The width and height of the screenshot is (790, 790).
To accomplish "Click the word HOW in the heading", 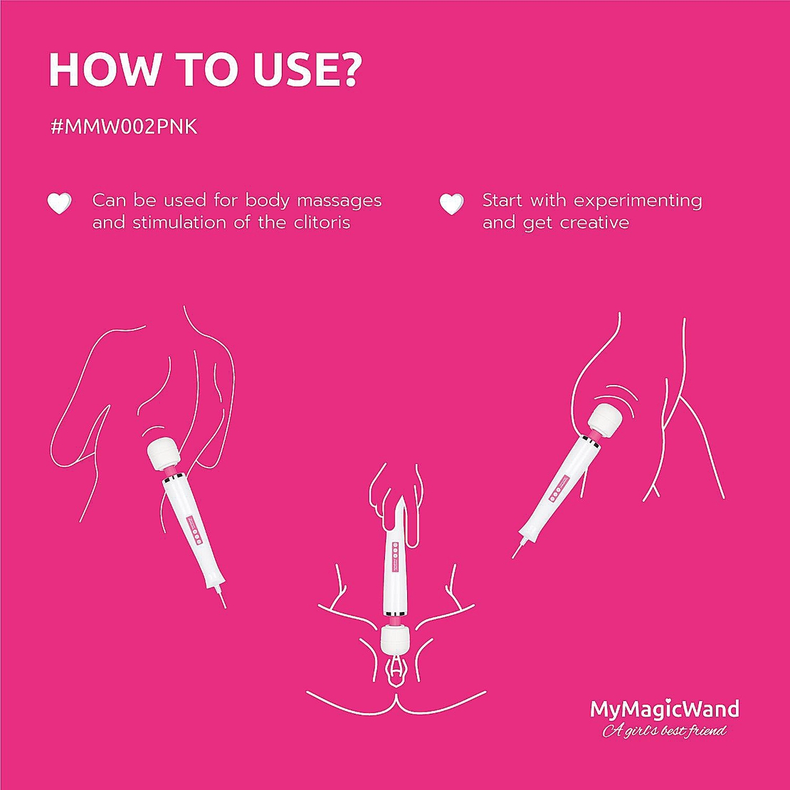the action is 103,69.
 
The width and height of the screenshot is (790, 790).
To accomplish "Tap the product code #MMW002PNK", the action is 124,127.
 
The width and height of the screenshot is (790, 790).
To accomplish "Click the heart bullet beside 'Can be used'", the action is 60,203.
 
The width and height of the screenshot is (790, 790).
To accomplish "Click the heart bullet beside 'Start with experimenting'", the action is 451,203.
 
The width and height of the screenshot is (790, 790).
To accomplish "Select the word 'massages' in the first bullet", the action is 339,201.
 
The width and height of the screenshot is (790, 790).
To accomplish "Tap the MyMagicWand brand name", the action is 664,709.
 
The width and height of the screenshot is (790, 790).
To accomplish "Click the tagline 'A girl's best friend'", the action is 664,730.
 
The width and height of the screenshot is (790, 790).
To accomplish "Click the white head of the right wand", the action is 604,418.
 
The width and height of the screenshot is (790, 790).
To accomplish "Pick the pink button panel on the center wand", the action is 394,553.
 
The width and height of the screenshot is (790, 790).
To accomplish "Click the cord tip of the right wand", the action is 513,557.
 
